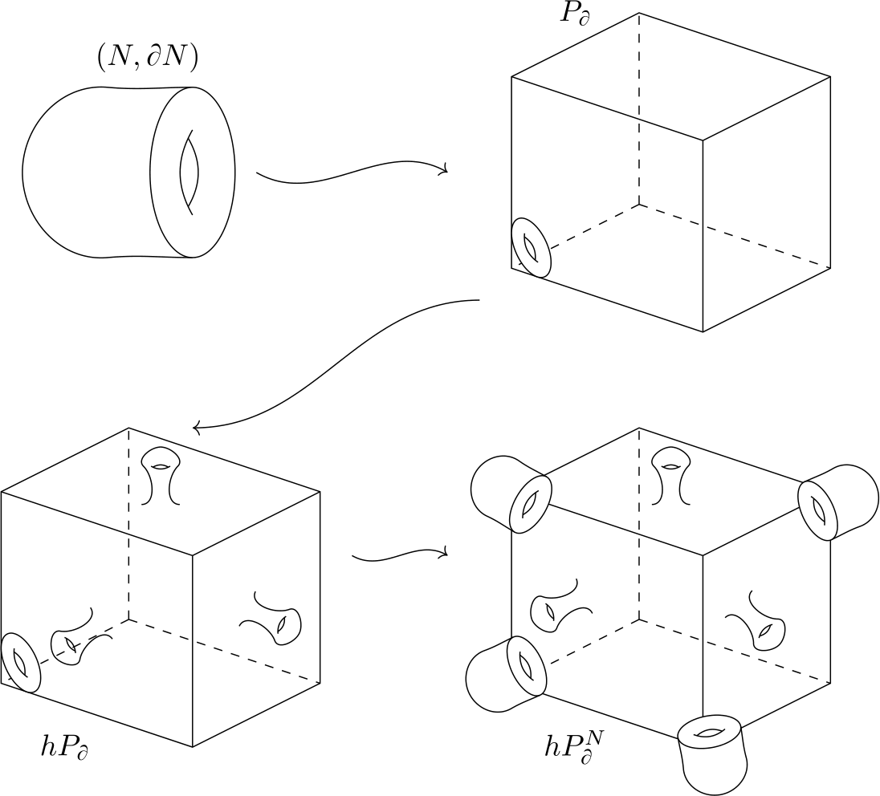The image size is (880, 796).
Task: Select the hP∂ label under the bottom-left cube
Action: pyautogui.click(x=64, y=746)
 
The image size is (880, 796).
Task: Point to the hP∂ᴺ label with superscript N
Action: pyautogui.click(x=572, y=744)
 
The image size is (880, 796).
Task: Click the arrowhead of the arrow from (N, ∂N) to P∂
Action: pyautogui.click(x=443, y=169)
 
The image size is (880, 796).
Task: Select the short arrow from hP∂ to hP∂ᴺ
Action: pyautogui.click(x=399, y=554)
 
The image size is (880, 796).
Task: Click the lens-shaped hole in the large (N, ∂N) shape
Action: pyautogui.click(x=189, y=173)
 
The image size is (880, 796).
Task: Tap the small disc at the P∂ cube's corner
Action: pyautogui.click(x=532, y=248)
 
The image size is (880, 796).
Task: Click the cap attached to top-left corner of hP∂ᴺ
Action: pyautogui.click(x=508, y=493)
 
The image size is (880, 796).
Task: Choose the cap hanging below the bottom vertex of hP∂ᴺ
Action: pyautogui.click(x=713, y=753)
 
